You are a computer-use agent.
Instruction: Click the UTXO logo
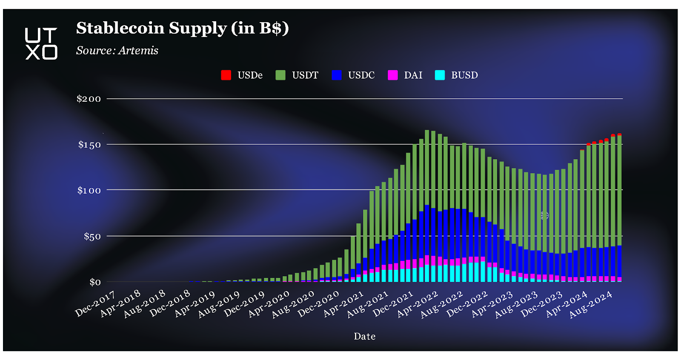tap(41, 43)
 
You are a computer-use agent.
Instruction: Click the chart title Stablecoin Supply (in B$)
tap(182, 28)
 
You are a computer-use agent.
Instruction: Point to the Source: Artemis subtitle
tap(117, 51)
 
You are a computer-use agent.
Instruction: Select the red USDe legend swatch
tap(226, 75)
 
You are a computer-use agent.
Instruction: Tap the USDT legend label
tap(305, 75)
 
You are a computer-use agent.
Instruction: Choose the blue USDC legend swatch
tap(337, 75)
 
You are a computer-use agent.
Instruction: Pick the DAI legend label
tap(413, 75)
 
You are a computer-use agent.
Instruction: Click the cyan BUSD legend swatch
tap(440, 75)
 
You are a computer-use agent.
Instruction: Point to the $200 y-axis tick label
tap(89, 99)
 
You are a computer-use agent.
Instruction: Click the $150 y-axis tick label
tap(89, 145)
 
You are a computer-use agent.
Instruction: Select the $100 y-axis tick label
tap(89, 190)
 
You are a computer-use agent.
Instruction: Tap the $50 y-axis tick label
tap(92, 236)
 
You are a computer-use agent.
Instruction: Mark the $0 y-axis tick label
tap(95, 282)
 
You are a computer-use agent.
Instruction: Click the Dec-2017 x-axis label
tap(95, 304)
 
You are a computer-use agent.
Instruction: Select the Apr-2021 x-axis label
tap(343, 304)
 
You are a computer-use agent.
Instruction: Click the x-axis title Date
tap(364, 336)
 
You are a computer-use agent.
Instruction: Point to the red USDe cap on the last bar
tap(619, 134)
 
